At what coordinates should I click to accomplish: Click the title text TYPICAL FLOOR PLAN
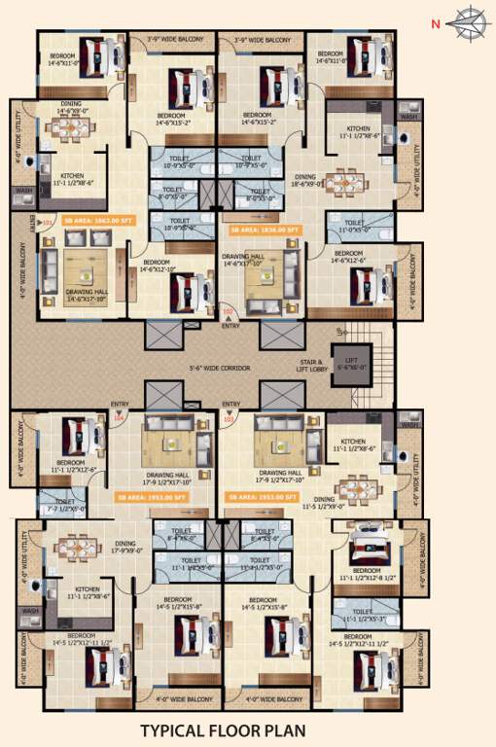tap(223, 730)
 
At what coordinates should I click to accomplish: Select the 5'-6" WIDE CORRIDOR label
tap(220, 369)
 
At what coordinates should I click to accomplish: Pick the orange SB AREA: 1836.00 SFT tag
tap(264, 231)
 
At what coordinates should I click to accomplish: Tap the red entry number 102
tap(229, 312)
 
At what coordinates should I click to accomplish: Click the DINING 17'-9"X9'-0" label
tap(125, 548)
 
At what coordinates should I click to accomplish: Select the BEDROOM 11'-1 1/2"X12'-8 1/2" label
tap(367, 574)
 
